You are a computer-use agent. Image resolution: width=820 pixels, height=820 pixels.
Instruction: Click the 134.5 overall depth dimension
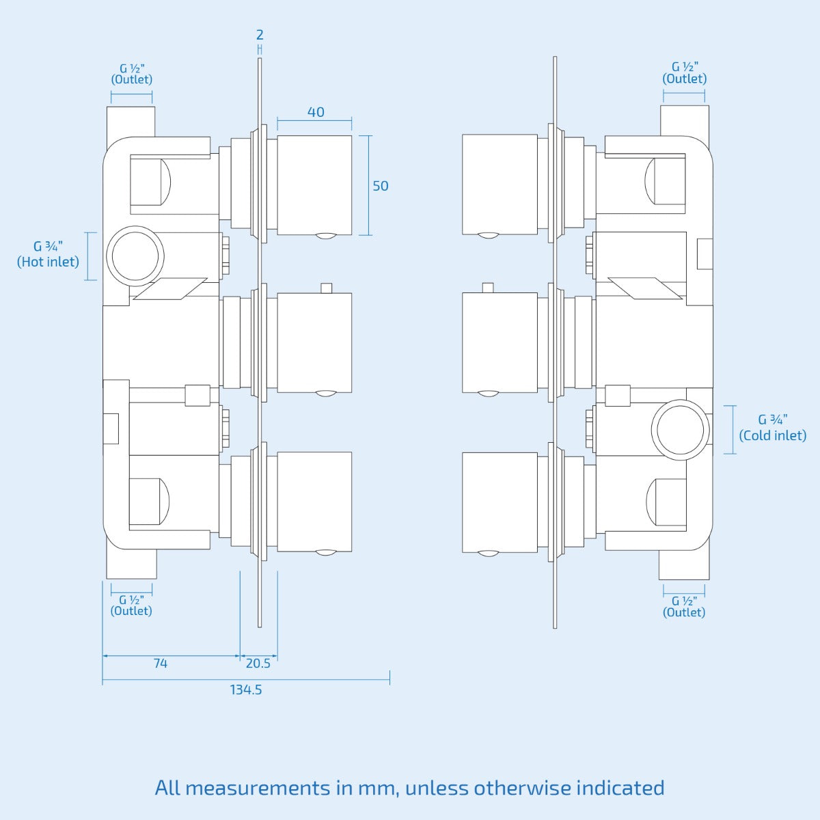point(245,689)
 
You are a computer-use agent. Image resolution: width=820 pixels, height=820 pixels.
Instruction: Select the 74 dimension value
point(161,664)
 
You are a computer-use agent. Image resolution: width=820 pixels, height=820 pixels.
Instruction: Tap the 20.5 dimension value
point(258,664)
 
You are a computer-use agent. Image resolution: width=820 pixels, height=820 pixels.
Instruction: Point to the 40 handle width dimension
point(316,112)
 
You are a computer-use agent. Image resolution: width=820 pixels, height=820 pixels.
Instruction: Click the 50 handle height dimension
point(381,186)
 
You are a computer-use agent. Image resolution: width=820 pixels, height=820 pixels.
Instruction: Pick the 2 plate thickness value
point(260,34)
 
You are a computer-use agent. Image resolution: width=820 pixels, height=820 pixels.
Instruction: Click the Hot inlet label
point(48,254)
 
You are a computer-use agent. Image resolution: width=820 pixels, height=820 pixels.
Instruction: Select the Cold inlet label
point(773,428)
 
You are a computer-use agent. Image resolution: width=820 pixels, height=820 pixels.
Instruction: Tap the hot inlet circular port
point(135,256)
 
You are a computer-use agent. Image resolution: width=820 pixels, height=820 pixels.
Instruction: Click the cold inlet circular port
point(681,430)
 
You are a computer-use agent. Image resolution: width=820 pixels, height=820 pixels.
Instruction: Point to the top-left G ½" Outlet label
point(131,74)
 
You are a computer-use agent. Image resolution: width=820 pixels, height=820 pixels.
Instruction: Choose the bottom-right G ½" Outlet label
point(684,607)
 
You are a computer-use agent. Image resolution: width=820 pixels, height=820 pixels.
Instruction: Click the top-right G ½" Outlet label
point(684,72)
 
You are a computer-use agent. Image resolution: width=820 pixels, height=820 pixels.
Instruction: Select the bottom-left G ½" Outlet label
point(131,605)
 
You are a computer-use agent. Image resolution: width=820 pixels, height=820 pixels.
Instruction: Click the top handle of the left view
point(314,186)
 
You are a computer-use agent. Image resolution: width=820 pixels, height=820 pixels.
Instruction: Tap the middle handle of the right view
point(500,343)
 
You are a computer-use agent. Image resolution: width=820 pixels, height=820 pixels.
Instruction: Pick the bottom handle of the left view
point(314,502)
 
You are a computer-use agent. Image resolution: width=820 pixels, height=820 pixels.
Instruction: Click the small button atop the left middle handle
point(327,288)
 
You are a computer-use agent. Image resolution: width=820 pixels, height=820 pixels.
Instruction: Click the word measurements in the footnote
point(257,788)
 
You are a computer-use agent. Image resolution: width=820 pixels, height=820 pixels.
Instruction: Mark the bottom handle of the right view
point(500,502)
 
